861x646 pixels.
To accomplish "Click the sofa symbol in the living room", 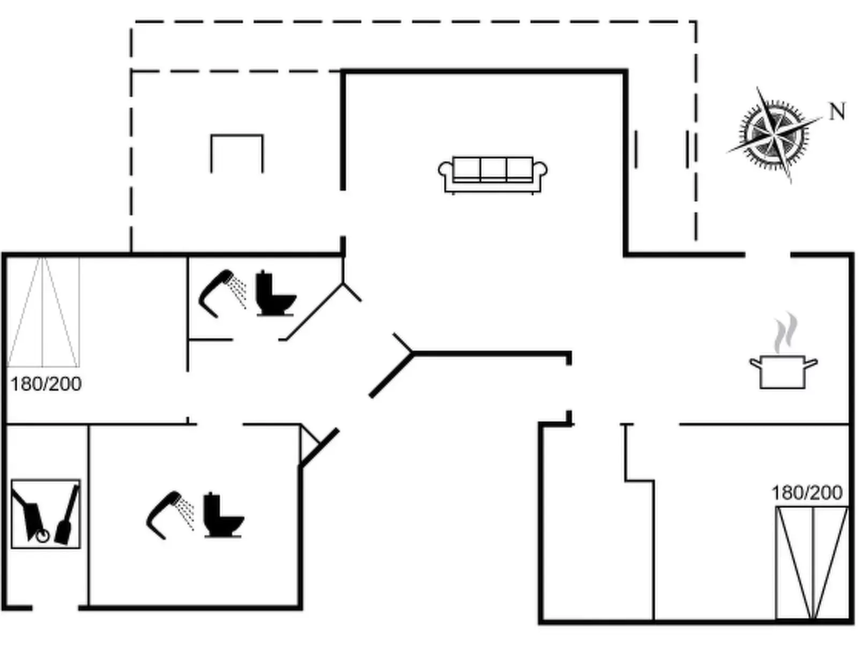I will point(493,174).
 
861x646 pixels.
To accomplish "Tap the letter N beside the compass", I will point(837,112).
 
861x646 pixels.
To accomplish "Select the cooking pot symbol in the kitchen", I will point(783,371).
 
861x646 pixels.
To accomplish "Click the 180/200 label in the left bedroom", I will point(46,384).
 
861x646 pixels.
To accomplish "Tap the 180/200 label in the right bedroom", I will point(806,492).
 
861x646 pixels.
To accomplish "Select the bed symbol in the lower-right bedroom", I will point(812,563).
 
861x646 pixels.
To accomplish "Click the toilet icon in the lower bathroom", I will point(222,515).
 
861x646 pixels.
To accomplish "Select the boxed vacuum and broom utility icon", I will point(46,514).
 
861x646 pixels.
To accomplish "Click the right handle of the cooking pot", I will point(811,363).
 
